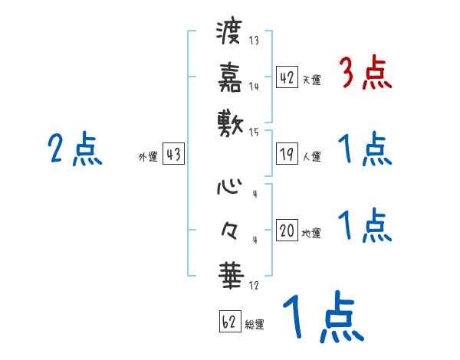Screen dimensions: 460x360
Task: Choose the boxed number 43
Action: pos(172,154)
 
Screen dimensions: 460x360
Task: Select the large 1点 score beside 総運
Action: pos(321,318)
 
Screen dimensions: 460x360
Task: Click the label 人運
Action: pos(312,157)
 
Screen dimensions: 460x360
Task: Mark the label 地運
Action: pos(312,234)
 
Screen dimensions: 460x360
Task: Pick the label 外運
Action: pos(148,157)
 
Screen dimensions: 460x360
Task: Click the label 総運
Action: pos(255,324)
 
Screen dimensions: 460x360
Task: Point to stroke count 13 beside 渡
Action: pos(254,41)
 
